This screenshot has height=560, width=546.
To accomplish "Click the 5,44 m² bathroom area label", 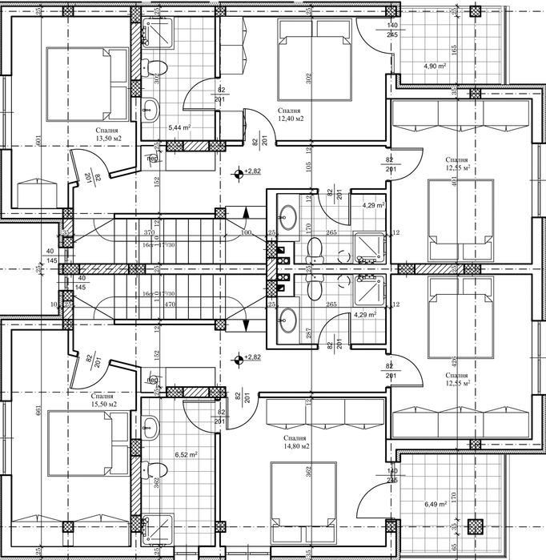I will pos(179,127).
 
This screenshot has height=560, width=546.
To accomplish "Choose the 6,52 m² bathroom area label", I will pos(186,454).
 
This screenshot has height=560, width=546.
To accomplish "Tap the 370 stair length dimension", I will pos(150,232).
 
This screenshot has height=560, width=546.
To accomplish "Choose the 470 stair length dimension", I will pos(150,304).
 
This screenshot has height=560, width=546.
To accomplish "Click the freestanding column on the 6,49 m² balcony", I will pos(476,526).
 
